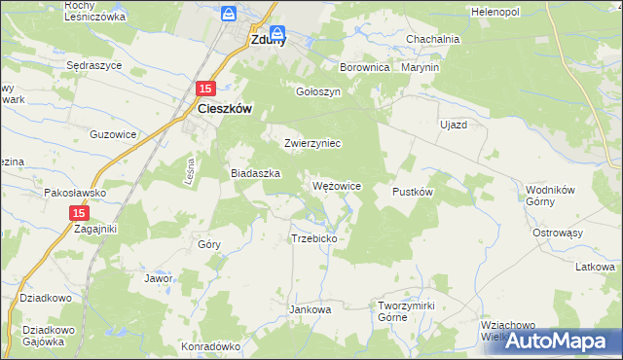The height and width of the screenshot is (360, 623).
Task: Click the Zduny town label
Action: [267, 41]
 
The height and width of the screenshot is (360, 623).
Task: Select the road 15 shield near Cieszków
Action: [204, 89]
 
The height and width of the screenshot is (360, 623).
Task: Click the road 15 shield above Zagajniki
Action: [81, 212]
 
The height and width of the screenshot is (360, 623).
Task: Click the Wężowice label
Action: [338, 185]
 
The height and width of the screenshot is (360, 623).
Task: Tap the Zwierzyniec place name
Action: [311, 143]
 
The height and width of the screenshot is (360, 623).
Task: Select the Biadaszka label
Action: [255, 172]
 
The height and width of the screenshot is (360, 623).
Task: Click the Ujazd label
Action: [454, 126]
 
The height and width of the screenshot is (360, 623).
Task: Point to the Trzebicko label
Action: [313, 237]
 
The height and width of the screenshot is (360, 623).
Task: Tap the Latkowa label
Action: [594, 266]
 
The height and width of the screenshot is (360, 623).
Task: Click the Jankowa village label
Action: [311, 309]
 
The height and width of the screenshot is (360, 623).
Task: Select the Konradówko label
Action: [210, 345]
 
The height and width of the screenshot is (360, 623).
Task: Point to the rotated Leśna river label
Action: [191, 172]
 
